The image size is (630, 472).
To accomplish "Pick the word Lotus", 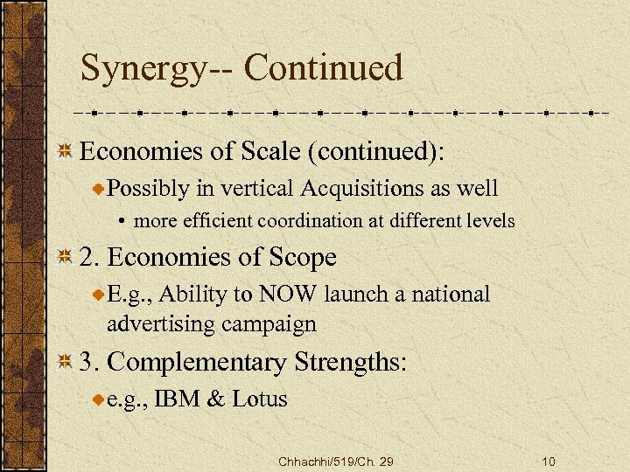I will point(260,399).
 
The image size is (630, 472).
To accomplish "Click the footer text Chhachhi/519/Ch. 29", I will point(335,461).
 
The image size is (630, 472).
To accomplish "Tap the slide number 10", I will point(549,461).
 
